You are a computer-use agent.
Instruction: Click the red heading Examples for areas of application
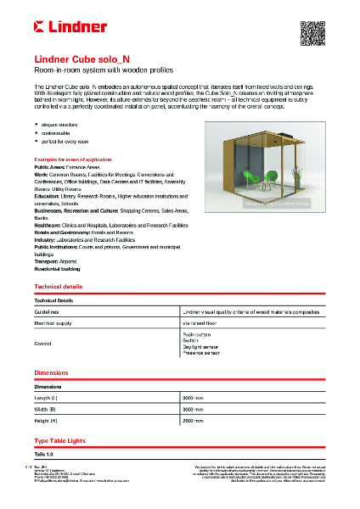[72, 159]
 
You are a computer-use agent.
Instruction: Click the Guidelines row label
[47, 312]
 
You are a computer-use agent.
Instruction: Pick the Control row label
[42, 344]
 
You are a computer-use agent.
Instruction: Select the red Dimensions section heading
[51, 373]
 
